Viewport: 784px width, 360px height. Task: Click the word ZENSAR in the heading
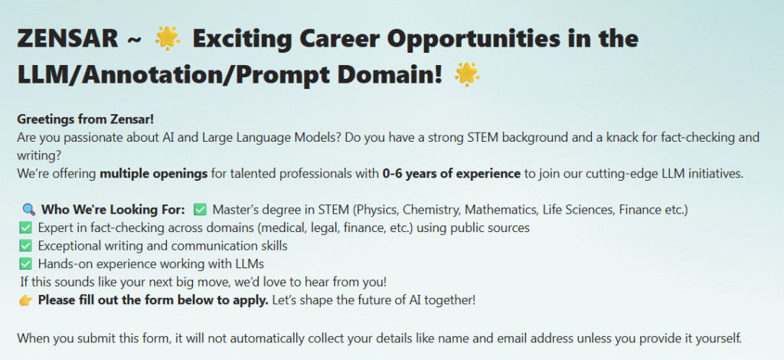67,38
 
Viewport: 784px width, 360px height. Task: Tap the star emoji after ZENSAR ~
168,38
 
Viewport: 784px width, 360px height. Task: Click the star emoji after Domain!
467,74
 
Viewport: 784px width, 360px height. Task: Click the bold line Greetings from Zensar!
86,119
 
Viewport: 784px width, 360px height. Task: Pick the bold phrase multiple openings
153,174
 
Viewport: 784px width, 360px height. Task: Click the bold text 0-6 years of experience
452,174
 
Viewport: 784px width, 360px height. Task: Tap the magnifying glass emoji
29,210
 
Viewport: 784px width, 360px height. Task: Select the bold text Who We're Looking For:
113,210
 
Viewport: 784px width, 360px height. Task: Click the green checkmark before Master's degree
200,210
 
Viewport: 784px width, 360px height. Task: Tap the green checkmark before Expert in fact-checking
25,228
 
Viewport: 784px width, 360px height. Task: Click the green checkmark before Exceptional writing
25,246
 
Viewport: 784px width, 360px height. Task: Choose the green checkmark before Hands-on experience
25,263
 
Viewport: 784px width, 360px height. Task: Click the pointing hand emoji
25,301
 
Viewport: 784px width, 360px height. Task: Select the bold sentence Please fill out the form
153,300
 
